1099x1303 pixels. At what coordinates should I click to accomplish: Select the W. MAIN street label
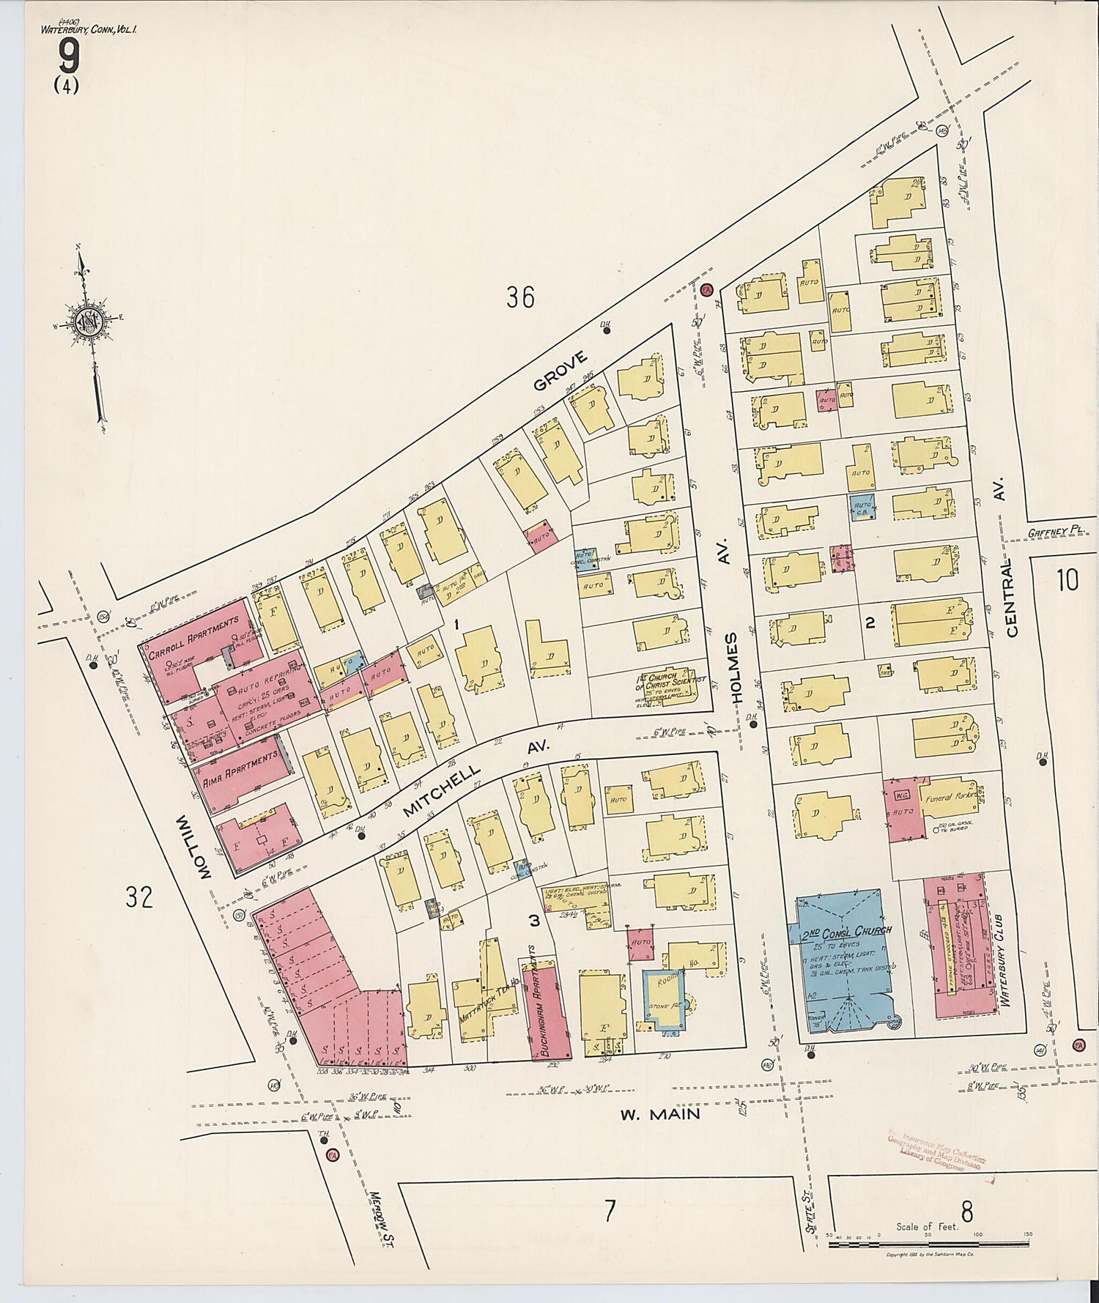point(659,1114)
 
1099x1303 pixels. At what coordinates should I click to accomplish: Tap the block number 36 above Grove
point(520,297)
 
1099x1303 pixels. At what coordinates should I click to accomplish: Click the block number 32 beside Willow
point(139,896)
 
